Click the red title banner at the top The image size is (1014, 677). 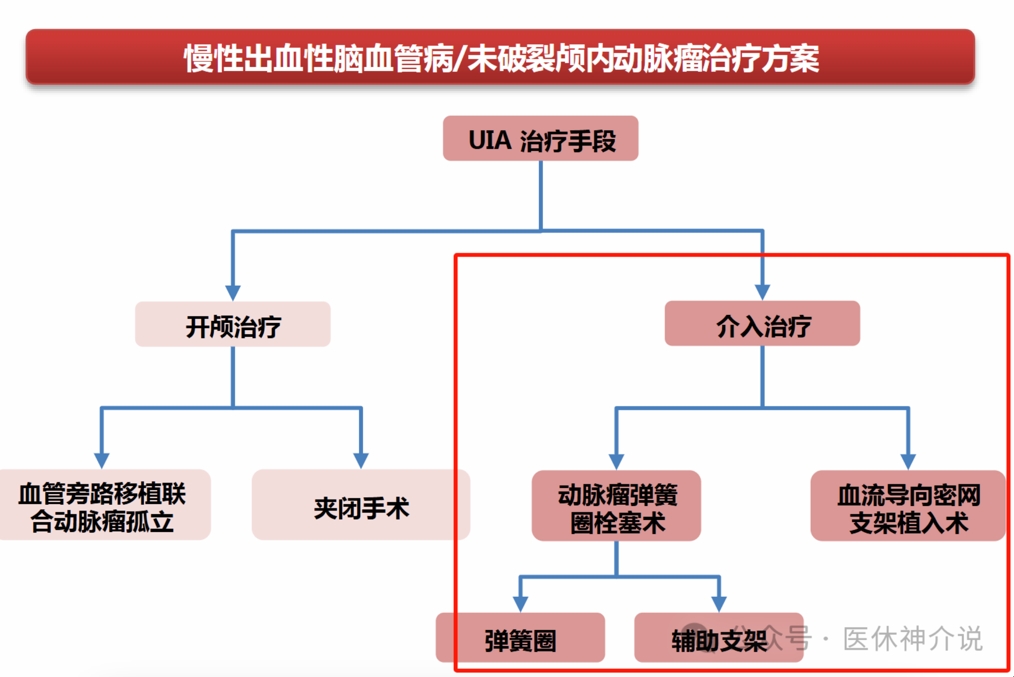tap(500, 57)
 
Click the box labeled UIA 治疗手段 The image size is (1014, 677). tap(540, 138)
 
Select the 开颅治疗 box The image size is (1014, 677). tap(233, 325)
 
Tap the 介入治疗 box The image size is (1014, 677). tap(762, 324)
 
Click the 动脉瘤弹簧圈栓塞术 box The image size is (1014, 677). tap(616, 506)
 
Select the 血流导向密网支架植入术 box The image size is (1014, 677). tap(908, 506)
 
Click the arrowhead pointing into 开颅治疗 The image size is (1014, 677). tap(233, 292)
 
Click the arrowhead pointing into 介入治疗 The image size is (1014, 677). tap(762, 292)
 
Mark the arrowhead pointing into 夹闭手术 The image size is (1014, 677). tap(361, 460)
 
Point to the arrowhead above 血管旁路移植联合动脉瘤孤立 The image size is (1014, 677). tap(102, 460)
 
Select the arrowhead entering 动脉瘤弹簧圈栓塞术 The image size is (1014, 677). tap(616, 461)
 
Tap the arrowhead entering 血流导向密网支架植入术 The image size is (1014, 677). tap(908, 461)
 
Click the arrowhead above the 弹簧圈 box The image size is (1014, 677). tap(521, 603)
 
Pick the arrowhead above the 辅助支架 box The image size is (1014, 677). tap(719, 603)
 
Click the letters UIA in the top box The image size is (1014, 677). tap(490, 140)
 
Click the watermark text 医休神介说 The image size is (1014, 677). tap(912, 639)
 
